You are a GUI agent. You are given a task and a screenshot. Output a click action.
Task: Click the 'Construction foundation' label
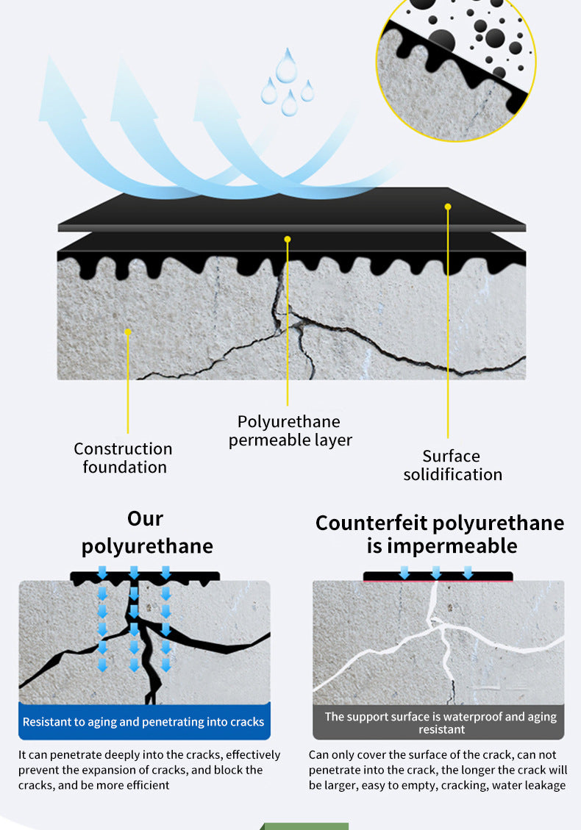pyautogui.click(x=123, y=458)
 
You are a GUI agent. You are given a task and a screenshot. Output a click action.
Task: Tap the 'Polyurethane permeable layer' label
pyautogui.click(x=290, y=431)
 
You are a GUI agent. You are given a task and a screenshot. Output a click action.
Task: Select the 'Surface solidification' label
pyautogui.click(x=452, y=465)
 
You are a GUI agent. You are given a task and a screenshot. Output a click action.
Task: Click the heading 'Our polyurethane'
pyautogui.click(x=146, y=532)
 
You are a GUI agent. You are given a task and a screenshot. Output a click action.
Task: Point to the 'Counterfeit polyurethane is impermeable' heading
pyautogui.click(x=440, y=534)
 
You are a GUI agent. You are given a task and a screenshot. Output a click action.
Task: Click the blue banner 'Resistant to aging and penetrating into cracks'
pyautogui.click(x=144, y=721)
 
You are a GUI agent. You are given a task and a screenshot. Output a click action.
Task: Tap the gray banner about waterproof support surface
pyautogui.click(x=438, y=722)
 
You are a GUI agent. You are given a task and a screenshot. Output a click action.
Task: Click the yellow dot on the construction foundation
pyautogui.click(x=128, y=332)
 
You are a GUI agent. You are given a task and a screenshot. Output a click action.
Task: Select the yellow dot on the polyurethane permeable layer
pyautogui.click(x=288, y=239)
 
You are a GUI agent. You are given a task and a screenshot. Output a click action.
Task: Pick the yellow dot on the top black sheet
pyautogui.click(x=448, y=207)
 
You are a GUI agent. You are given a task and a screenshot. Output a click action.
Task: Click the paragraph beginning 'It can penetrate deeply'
pyautogui.click(x=149, y=770)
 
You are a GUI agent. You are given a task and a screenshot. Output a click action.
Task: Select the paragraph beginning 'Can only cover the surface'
pyautogui.click(x=438, y=770)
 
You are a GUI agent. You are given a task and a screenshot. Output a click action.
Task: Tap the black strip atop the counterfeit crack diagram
pyautogui.click(x=438, y=576)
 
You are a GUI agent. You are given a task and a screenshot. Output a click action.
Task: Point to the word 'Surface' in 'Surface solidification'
pyautogui.click(x=452, y=456)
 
